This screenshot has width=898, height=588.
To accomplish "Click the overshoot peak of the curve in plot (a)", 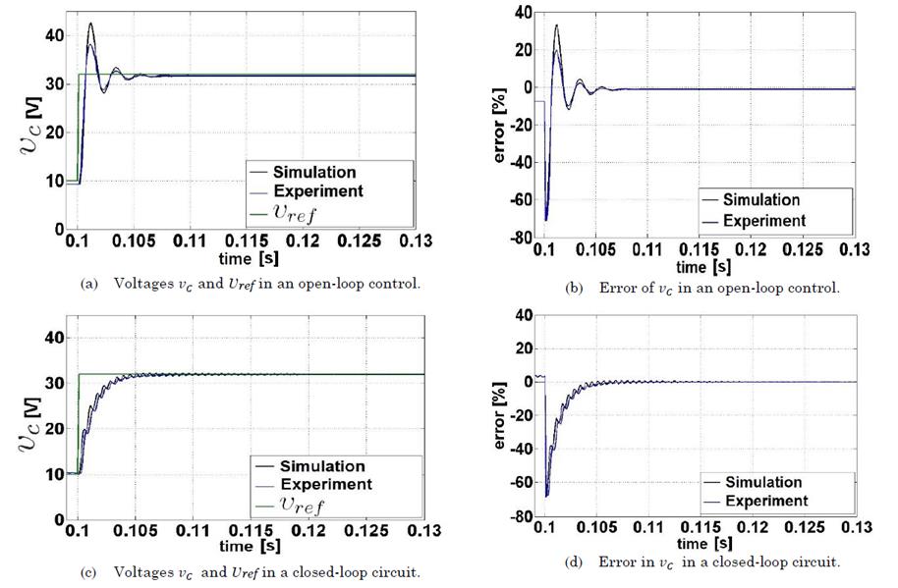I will [90, 24].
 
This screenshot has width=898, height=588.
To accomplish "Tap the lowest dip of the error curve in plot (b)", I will [546, 220].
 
